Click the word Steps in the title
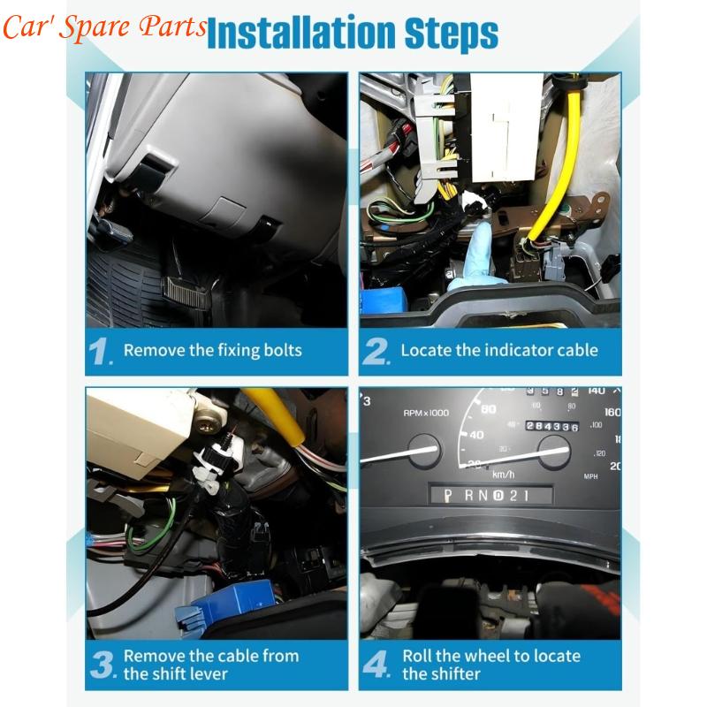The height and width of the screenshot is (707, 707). point(452,34)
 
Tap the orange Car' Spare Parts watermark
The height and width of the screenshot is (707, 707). point(104,27)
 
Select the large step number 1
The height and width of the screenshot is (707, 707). point(100,351)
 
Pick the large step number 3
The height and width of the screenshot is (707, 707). point(103,665)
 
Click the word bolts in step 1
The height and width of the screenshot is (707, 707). point(283,350)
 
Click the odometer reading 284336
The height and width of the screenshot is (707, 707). point(551,426)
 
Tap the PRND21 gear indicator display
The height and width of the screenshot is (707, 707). point(491,496)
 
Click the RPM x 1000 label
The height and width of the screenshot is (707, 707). point(426,413)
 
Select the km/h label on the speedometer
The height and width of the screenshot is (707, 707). point(503,475)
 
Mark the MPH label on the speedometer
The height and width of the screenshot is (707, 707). point(590,476)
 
